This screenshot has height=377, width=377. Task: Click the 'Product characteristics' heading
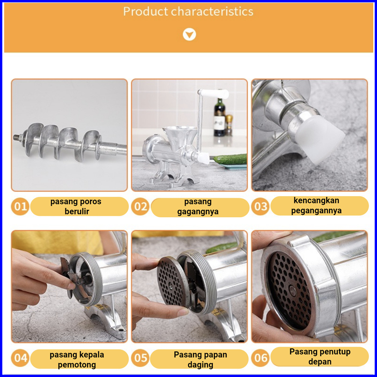(188, 12)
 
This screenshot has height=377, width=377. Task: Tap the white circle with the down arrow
(189, 34)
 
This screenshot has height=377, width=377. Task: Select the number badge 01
(20, 206)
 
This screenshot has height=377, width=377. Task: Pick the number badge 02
(140, 206)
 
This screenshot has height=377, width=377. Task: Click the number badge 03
(260, 206)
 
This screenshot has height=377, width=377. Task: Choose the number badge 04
(20, 358)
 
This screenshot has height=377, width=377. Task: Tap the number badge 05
(140, 358)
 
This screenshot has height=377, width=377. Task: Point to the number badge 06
(260, 358)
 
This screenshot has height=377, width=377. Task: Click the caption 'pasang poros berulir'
(76, 206)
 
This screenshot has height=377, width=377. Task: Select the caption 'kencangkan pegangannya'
(317, 205)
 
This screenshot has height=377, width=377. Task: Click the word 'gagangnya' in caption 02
(198, 212)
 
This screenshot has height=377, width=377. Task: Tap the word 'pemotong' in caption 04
(77, 365)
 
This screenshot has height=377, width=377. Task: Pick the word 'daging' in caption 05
(200, 365)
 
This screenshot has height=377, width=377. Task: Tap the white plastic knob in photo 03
(319, 139)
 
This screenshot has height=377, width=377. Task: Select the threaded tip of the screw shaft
(17, 138)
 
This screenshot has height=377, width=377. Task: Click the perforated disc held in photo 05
(172, 281)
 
